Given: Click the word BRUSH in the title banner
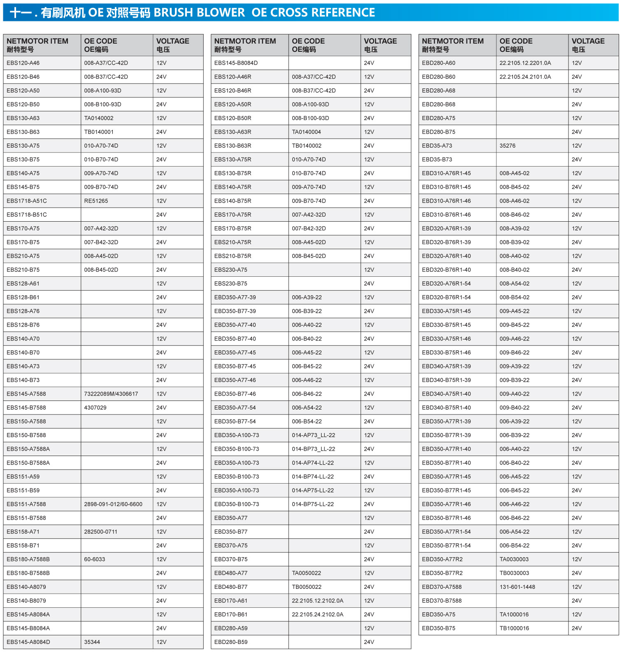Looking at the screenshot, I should coord(173,12).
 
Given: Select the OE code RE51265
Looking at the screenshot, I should coord(96,201).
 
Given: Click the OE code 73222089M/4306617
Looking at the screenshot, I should coord(111,394).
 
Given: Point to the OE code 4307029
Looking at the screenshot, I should coord(95,408).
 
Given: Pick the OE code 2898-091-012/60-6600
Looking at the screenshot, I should coord(113,504).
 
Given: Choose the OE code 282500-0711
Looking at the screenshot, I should coord(101,532).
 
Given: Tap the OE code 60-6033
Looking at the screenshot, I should coord(95,559).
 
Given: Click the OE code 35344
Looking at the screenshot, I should coord(92,642).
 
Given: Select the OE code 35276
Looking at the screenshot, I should coord(508,146).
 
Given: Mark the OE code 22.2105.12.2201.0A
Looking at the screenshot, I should coord(525,63).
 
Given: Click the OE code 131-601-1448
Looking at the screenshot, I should coord(517,587).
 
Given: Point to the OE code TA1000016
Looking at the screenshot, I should coord(514,614).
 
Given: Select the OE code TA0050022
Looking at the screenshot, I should coord(307,573).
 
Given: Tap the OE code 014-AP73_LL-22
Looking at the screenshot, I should coord(314,435).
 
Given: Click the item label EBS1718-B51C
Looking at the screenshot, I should coord(27,215).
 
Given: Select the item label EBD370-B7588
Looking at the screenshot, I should coord(442,600).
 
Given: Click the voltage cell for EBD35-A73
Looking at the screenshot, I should coord(577,146).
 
